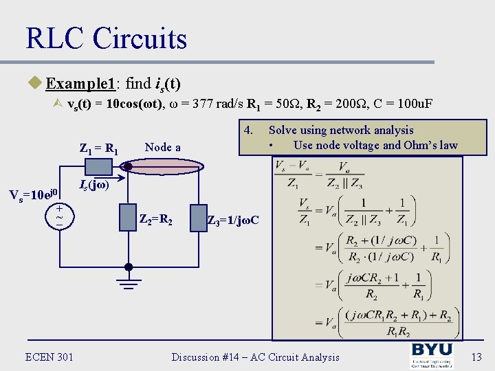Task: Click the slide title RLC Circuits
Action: coord(106,38)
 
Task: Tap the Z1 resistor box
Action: coord(98,167)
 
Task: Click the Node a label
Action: coord(163,147)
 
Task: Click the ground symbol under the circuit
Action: coord(128,283)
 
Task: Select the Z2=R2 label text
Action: coord(155,221)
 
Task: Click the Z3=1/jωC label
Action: coord(234,221)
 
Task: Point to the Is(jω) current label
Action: coord(94,185)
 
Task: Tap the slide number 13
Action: coord(474,357)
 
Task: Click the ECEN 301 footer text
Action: coord(49,357)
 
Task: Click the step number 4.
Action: coord(249,130)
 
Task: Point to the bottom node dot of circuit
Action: coord(128,267)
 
